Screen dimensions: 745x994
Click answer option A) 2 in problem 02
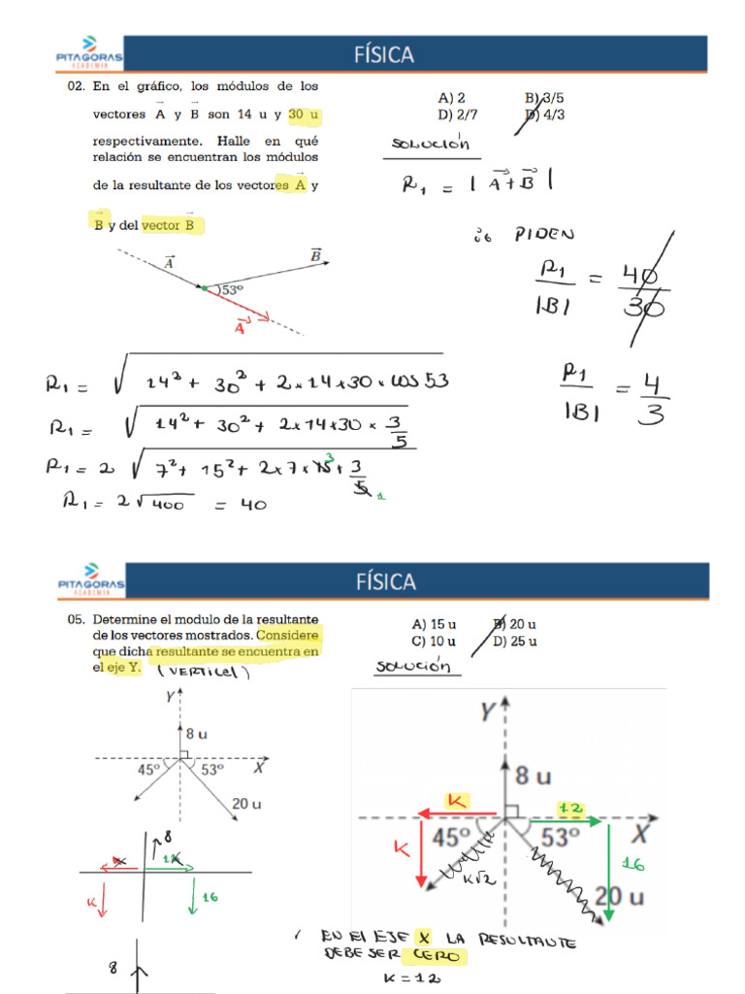(452, 98)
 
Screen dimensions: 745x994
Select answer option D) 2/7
(458, 115)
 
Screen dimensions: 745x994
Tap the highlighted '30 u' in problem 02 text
(304, 115)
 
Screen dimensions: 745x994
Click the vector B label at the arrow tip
(315, 255)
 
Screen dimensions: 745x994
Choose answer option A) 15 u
(434, 625)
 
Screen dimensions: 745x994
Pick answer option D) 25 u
(514, 642)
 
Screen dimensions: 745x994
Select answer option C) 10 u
(434, 642)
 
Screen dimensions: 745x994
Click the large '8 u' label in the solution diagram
(534, 775)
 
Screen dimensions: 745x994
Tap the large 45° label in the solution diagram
(451, 836)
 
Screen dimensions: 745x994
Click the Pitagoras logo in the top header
(89, 54)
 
